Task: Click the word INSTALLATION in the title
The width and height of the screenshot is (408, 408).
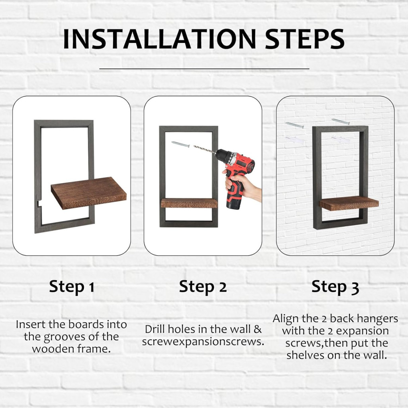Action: pyautogui.click(x=160, y=39)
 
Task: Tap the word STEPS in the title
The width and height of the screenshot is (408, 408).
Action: pyautogui.click(x=305, y=39)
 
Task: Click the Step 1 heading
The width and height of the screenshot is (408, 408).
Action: pyautogui.click(x=72, y=287)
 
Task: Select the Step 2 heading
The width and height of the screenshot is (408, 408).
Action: pyautogui.click(x=203, y=287)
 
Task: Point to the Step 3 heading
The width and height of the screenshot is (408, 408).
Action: pyautogui.click(x=335, y=287)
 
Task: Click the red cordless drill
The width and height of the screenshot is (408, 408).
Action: pyautogui.click(x=235, y=175)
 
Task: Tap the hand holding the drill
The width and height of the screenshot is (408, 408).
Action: pyautogui.click(x=243, y=186)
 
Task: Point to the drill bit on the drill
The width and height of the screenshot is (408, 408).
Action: pyautogui.click(x=204, y=149)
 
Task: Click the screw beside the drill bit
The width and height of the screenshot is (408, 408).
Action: pyautogui.click(x=180, y=144)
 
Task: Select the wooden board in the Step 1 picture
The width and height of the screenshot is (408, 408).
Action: pyautogui.click(x=89, y=193)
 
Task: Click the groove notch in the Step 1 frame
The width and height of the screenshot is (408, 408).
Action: pyautogui.click(x=40, y=203)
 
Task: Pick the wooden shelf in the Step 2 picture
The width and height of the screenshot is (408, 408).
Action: pyautogui.click(x=189, y=203)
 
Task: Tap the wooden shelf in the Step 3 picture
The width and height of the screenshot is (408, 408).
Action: pyautogui.click(x=349, y=203)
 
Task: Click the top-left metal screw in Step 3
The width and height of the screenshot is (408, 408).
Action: pyautogui.click(x=294, y=125)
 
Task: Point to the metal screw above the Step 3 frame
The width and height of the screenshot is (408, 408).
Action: pyautogui.click(x=340, y=122)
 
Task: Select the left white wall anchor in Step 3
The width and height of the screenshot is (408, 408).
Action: pyautogui.click(x=295, y=140)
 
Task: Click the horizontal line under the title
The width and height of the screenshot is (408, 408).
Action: pyautogui.click(x=204, y=69)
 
